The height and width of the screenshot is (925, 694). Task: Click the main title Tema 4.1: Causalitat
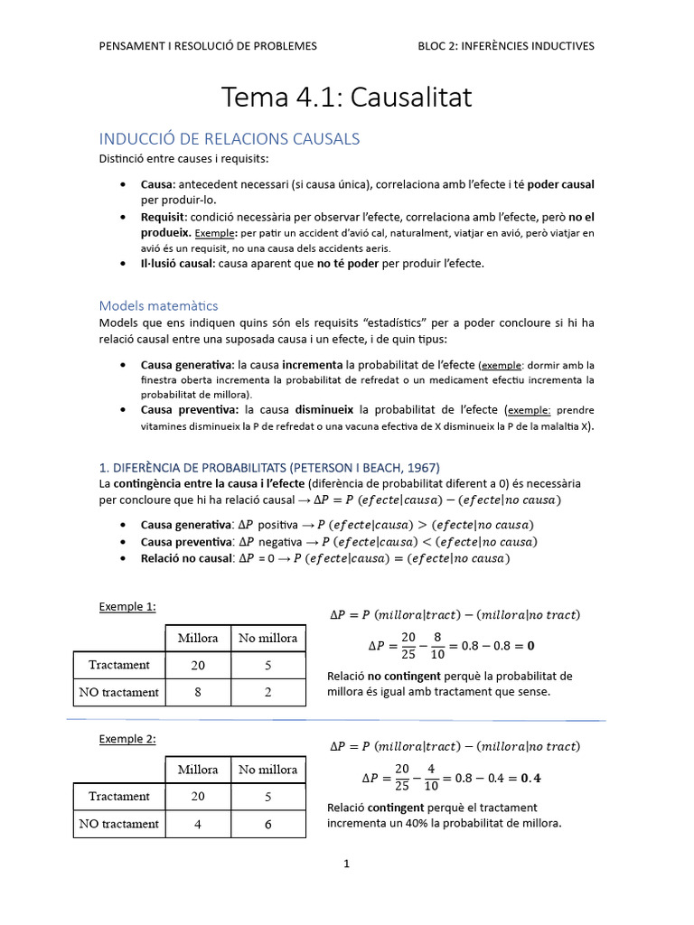point(347,98)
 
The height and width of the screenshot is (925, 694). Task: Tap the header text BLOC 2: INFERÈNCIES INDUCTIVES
point(506,46)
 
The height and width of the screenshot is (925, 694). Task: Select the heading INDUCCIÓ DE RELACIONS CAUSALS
point(230,139)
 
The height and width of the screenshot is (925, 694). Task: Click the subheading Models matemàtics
point(158,305)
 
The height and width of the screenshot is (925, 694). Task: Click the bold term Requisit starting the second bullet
point(164,218)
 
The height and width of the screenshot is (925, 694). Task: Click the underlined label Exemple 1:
point(127,607)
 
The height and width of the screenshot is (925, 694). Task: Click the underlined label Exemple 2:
point(127,739)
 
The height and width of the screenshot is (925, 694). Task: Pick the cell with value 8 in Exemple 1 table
point(198,692)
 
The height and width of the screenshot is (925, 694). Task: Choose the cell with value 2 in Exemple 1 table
point(267,692)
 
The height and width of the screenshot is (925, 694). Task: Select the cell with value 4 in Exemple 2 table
point(198,824)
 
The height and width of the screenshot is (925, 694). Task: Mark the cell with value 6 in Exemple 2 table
point(267,824)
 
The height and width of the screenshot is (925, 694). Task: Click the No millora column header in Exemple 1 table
point(267,638)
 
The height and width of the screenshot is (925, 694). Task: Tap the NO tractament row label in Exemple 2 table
point(118,824)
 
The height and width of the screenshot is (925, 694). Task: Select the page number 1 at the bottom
point(346,864)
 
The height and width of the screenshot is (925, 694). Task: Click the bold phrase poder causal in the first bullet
point(561,184)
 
